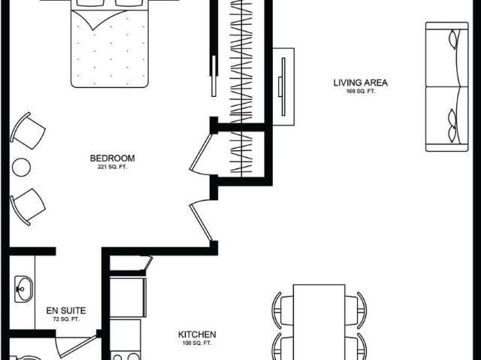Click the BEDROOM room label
point(112,159)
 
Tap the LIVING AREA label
point(361,83)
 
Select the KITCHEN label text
point(197,334)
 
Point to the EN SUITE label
point(66,310)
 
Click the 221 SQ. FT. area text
point(112,167)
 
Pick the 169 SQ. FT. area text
point(361,91)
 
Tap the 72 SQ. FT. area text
point(66,319)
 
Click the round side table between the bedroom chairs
point(21,167)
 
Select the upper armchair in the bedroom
point(28,131)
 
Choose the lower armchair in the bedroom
point(28,207)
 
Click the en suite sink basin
point(23,289)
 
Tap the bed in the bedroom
point(110,44)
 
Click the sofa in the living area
point(447,86)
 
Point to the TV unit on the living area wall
point(283,86)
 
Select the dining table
point(319,322)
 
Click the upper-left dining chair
point(283,310)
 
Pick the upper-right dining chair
point(355,310)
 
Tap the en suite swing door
point(77,346)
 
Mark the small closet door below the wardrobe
point(201,153)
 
